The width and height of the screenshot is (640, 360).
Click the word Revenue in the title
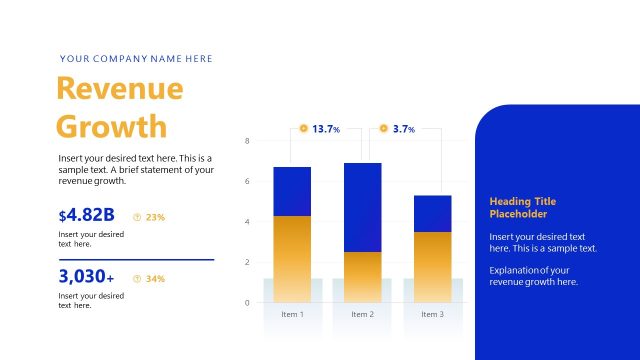tap(120, 89)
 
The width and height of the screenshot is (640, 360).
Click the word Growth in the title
tap(112, 127)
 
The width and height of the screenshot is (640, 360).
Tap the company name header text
tap(136, 59)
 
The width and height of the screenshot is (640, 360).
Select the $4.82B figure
tap(87, 215)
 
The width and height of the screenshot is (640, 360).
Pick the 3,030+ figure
tap(86, 277)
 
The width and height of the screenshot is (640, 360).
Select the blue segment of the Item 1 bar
tap(292, 191)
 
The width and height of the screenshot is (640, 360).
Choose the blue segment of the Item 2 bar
tap(362, 207)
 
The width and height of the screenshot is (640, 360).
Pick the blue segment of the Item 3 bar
tap(432, 213)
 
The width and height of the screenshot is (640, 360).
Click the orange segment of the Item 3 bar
tap(432, 266)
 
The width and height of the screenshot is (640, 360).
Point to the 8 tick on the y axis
tap(247, 141)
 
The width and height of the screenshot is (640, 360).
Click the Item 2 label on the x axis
tap(362, 314)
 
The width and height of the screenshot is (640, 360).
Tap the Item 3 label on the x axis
tap(432, 314)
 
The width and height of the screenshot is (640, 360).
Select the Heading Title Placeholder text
tap(523, 208)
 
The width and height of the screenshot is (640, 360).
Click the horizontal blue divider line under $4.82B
tap(136, 259)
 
